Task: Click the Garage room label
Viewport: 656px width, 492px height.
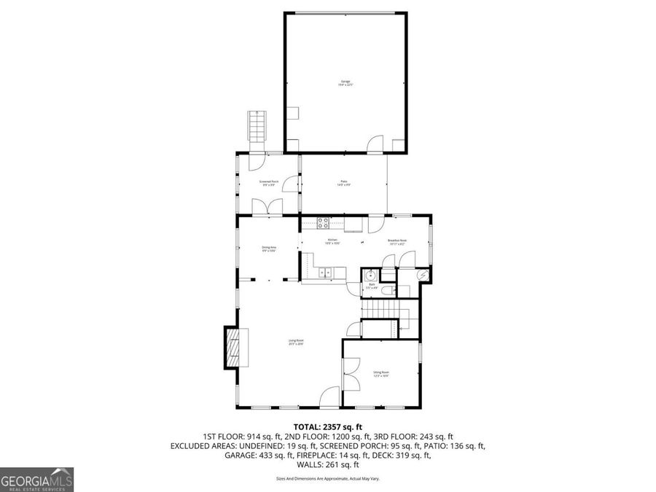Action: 345,82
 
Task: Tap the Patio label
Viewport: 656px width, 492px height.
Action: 343,183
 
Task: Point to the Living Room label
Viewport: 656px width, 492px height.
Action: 295,342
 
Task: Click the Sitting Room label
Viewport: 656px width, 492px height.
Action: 381,375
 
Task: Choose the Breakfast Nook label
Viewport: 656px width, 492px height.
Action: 397,241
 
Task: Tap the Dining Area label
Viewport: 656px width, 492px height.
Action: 268,249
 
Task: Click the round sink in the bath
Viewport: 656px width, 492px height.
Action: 370,276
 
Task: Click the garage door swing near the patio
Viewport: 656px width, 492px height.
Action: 375,144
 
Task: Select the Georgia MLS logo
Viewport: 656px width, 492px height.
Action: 36,480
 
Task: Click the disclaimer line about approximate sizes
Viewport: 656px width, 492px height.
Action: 327,479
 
